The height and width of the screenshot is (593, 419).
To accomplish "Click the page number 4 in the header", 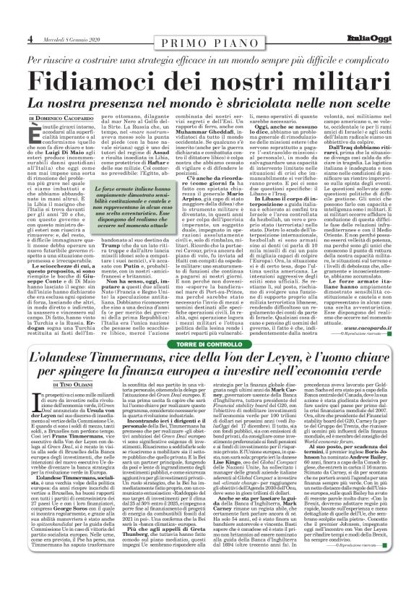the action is tap(11, 9).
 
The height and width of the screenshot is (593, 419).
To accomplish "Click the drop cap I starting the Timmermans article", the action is tap(33, 399).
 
